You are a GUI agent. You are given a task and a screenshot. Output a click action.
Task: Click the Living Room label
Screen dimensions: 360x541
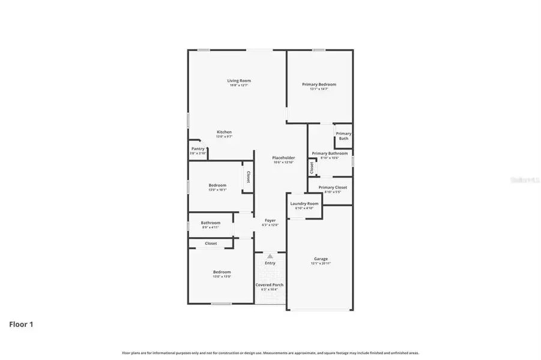[x=238, y=80]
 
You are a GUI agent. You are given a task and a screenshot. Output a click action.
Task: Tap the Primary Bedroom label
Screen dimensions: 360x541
[x=319, y=85]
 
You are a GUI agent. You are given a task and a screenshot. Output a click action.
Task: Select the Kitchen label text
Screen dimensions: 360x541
[x=224, y=132]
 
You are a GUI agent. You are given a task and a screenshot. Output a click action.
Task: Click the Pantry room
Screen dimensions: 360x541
[x=198, y=151]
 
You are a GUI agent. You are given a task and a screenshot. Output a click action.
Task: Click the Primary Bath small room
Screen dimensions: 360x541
[x=343, y=136]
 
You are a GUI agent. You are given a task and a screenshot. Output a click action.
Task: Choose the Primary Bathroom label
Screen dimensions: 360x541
[x=330, y=153]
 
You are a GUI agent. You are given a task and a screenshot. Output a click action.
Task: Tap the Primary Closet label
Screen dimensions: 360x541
[x=333, y=187]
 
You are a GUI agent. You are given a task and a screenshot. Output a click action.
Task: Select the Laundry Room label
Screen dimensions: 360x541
[x=304, y=203]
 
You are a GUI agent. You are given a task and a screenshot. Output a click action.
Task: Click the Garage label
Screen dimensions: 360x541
[x=321, y=259]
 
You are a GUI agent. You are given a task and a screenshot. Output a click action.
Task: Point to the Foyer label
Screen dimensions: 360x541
[x=270, y=220]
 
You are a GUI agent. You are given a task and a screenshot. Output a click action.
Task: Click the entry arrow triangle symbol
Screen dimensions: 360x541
[x=270, y=256]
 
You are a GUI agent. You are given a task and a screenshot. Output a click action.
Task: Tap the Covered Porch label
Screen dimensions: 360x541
[x=270, y=284]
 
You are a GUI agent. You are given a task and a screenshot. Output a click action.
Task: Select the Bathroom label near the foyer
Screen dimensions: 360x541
[x=210, y=223]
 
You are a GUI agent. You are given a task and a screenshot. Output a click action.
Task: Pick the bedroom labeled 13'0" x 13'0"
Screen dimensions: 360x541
[x=222, y=274]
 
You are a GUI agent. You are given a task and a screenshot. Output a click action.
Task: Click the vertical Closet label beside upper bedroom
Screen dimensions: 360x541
[x=248, y=178]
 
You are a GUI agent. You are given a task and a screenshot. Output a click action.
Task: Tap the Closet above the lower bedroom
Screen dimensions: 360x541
[x=211, y=244]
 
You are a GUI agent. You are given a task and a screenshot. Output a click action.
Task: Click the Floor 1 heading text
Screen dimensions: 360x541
[x=21, y=325]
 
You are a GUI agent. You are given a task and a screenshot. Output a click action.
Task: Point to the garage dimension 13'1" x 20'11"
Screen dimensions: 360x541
[x=321, y=263]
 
